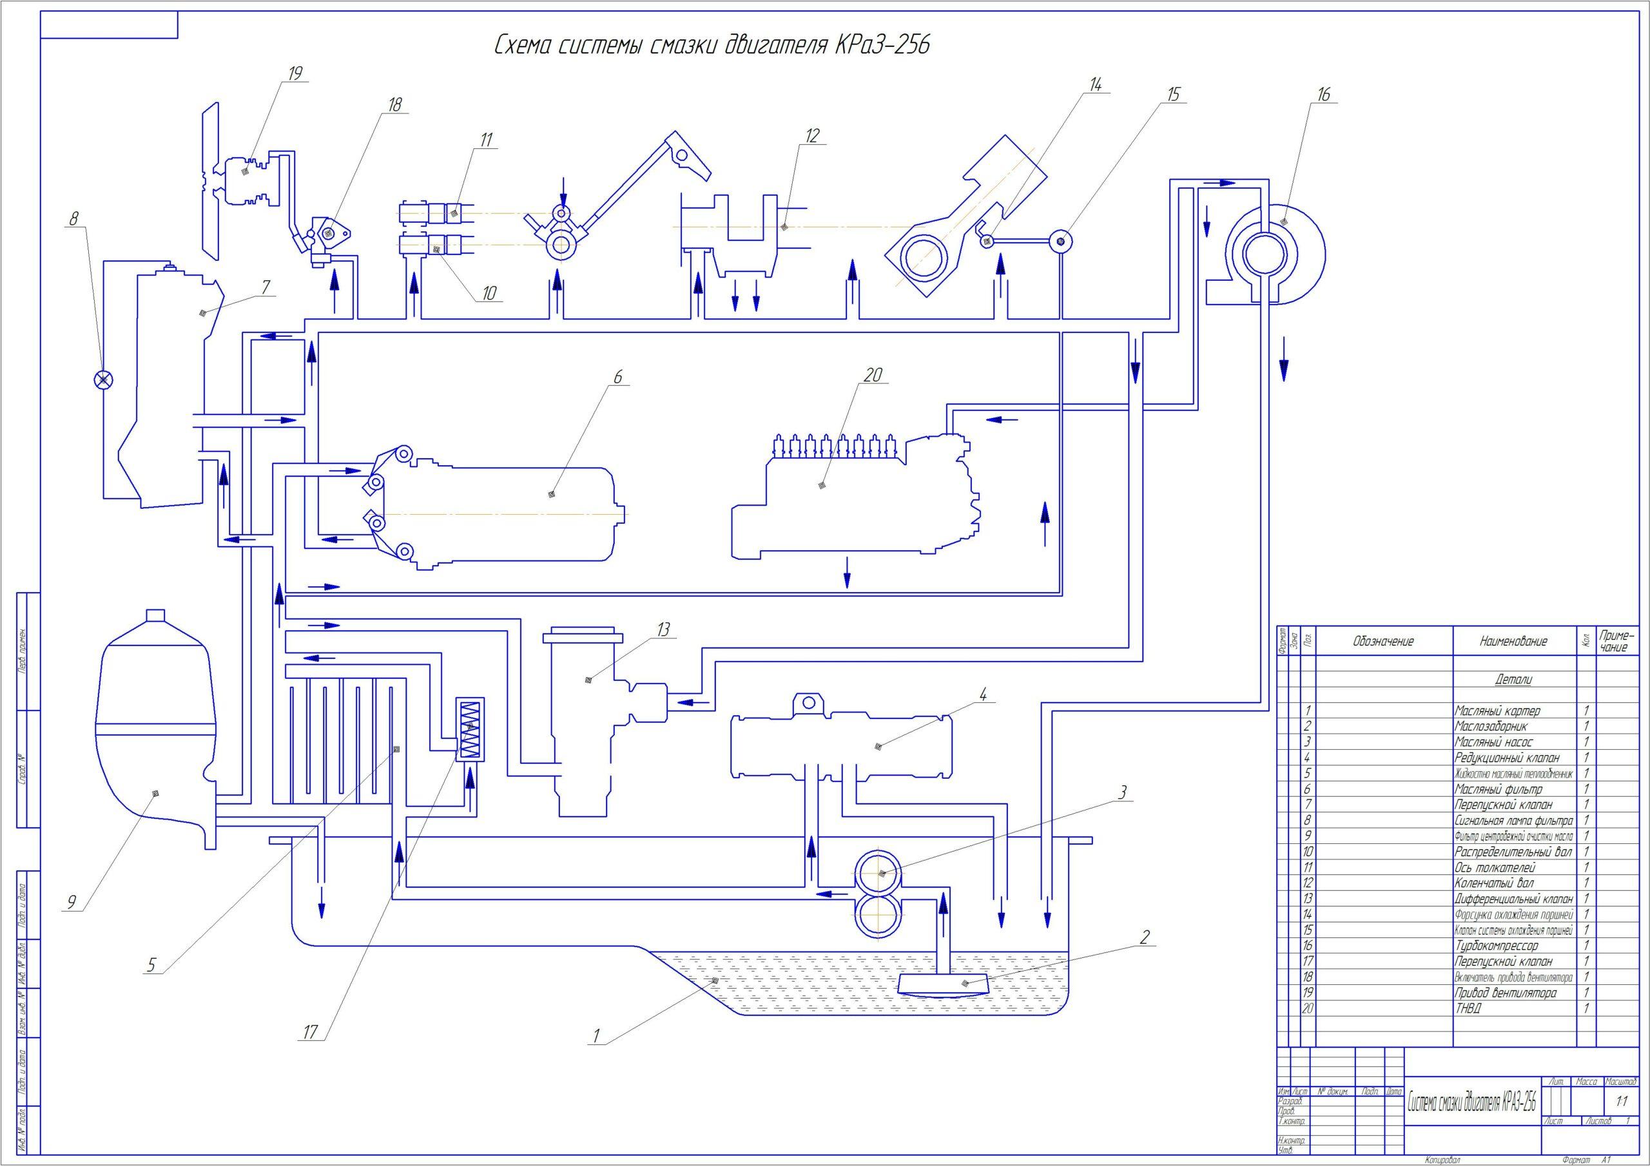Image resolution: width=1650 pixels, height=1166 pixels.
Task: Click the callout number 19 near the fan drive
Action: point(295,73)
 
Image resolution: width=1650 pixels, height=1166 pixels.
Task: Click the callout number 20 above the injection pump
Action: point(873,374)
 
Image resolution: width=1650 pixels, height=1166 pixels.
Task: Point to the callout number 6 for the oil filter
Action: point(618,376)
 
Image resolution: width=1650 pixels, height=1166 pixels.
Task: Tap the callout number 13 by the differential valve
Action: point(663,629)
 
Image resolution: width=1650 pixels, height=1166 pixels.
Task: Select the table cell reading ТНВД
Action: point(1468,1009)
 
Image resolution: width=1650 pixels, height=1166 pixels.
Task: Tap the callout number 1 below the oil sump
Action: point(596,1035)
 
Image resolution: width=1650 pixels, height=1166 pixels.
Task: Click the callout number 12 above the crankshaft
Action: point(813,135)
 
